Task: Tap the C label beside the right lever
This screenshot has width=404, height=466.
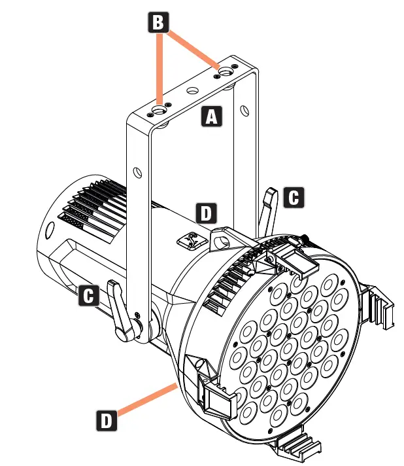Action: pyautogui.click(x=295, y=197)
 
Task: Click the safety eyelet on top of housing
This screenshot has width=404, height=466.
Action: pyautogui.click(x=192, y=241)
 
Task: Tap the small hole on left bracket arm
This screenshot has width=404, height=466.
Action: pyautogui.click(x=137, y=172)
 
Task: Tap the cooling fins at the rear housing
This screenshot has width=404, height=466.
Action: pyautogui.click(x=95, y=206)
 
